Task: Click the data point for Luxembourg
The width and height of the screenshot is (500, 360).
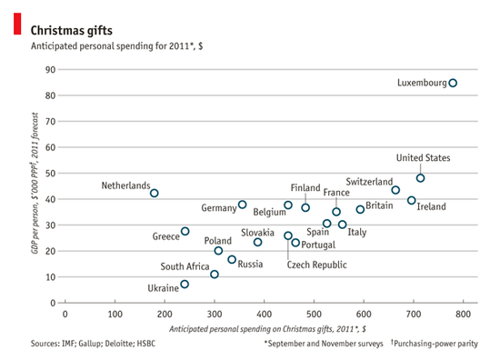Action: click(453, 83)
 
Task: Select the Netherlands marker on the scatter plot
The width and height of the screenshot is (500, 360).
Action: click(155, 193)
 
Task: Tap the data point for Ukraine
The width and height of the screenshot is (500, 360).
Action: click(185, 284)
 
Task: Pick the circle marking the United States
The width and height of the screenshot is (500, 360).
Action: click(420, 178)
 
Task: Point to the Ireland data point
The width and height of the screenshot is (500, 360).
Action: click(411, 200)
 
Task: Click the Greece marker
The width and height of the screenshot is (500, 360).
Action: click(185, 231)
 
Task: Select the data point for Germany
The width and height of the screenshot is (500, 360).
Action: click(242, 205)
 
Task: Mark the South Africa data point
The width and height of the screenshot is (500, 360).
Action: click(215, 274)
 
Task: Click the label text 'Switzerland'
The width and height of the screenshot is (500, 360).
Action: click(369, 182)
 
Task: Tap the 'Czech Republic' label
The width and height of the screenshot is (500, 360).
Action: click(316, 265)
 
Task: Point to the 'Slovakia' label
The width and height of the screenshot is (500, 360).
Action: click(257, 233)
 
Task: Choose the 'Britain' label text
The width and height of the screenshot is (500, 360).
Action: click(379, 206)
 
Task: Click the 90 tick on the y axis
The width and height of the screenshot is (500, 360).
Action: click(50, 70)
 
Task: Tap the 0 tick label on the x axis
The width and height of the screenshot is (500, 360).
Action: click(65, 314)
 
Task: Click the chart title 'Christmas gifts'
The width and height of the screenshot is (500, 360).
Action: click(66, 29)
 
